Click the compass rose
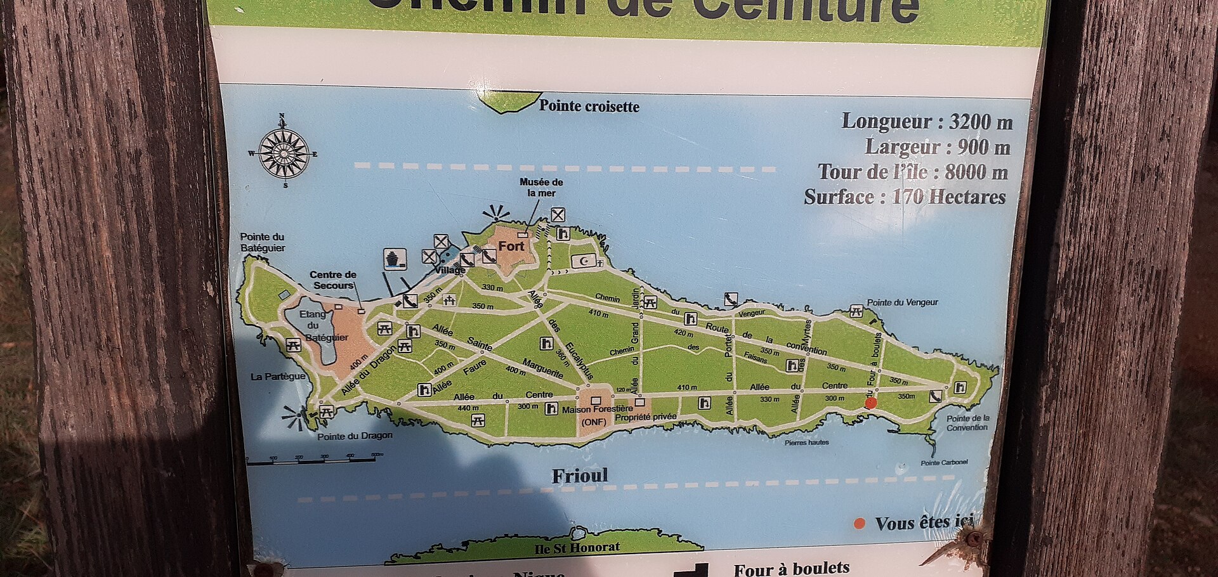pos(284,153)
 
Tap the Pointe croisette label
pos(589,106)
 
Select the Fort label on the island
pos(511,246)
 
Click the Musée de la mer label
pos(541,187)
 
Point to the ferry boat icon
pos(394,259)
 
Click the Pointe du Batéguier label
pos(262,242)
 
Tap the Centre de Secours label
pos(332,280)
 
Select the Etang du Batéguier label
pos(321,325)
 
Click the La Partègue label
pos(277,377)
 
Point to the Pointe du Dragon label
pos(355,436)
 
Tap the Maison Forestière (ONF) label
pos(596,415)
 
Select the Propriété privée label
pos(646,417)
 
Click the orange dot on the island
pos(871,403)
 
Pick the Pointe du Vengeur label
pos(902,302)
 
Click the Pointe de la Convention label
pos(967,423)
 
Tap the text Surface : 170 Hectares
pos(905,197)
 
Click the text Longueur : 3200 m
pos(927,121)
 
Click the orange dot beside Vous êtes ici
pos(860,523)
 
